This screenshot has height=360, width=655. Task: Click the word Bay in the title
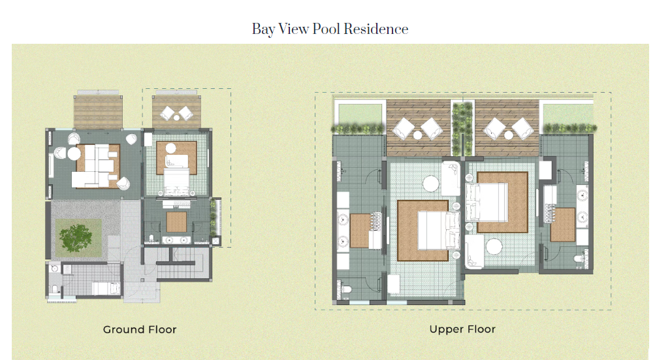tap(263, 29)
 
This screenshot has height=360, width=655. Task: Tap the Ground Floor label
tap(140, 329)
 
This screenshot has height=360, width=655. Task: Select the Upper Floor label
tap(462, 329)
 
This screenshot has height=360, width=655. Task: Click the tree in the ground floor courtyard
tap(76, 237)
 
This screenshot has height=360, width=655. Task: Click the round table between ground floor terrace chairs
tap(176, 118)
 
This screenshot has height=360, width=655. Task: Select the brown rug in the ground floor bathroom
tap(176, 222)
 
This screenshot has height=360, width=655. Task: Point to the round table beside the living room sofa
tap(74, 154)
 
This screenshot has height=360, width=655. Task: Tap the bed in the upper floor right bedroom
tap(487, 203)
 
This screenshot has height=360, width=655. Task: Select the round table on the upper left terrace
tap(418, 135)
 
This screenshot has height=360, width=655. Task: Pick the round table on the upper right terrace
tap(508, 135)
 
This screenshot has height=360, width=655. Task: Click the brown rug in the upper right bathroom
tap(563, 225)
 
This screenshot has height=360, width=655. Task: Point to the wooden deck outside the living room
tap(98, 112)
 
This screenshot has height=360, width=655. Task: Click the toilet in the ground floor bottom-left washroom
tap(55, 288)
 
